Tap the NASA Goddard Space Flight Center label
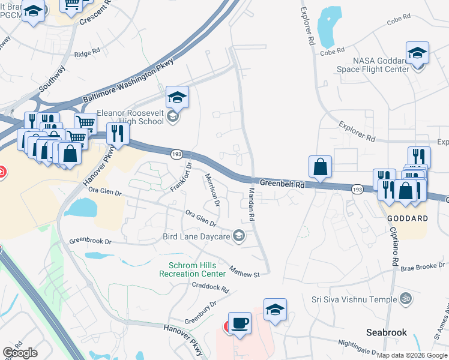coord(381,65)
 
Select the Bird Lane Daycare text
coord(196,236)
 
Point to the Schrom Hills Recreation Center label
coord(192,269)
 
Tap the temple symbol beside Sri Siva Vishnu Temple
coord(405,298)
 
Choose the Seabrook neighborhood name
coord(387,332)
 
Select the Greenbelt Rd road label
coord(282,184)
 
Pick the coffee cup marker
coord(241,323)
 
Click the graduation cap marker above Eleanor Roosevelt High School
coord(177,97)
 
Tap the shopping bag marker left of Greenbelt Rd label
coord(321,166)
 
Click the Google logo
coord(20,352)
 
